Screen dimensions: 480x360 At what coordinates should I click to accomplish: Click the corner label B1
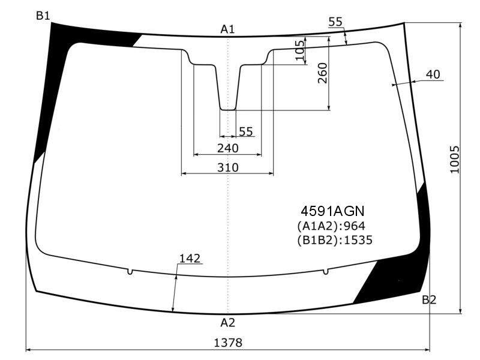click(43, 16)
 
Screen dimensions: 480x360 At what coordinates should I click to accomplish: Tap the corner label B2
click(429, 299)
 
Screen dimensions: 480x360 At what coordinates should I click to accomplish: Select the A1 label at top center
click(227, 29)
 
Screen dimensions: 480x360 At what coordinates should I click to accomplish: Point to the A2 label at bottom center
click(228, 323)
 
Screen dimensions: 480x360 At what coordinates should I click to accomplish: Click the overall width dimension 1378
click(228, 343)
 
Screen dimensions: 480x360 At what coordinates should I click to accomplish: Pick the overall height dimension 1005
click(455, 160)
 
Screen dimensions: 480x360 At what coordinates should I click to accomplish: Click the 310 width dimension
click(228, 167)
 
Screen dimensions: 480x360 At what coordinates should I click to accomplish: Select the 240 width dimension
click(228, 148)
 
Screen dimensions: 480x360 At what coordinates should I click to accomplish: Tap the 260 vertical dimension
click(323, 73)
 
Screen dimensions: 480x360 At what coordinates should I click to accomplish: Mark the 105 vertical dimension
click(300, 50)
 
